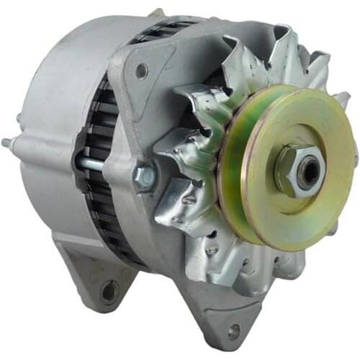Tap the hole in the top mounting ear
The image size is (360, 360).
141,71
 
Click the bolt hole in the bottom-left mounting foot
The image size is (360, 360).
109,292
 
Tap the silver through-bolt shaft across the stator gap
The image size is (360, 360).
90,163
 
